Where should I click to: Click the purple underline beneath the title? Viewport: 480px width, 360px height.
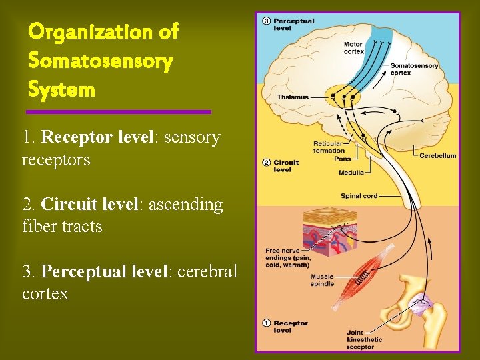point(119,111)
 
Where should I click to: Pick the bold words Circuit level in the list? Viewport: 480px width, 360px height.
point(89,204)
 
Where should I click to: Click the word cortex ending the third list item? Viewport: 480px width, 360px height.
point(45,293)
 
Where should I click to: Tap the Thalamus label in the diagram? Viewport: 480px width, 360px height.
point(293,97)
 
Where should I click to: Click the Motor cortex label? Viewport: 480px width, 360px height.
point(353,48)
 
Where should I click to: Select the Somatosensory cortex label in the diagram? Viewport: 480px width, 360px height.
point(414,69)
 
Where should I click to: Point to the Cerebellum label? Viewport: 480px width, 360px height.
point(438,155)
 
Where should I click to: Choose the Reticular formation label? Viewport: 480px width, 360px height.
point(329,147)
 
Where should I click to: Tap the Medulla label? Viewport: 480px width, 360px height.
point(351,173)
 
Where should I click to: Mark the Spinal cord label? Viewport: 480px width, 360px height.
point(359,196)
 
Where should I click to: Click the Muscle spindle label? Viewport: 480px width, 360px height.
point(322,280)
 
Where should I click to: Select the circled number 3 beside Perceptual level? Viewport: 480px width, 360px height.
point(266,21)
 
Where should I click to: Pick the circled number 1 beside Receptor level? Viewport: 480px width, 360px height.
point(266,323)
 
